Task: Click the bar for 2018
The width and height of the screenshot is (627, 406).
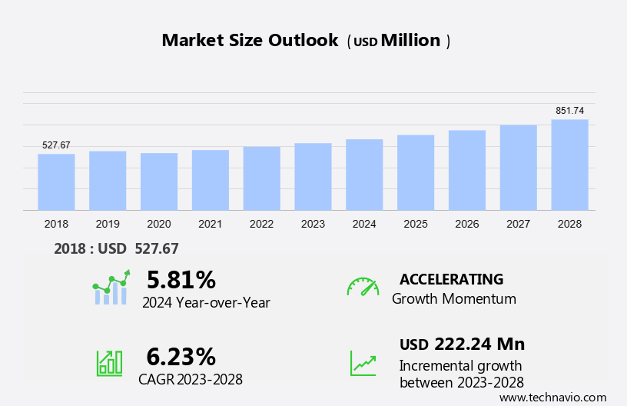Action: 56,181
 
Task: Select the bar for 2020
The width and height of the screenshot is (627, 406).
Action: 159,181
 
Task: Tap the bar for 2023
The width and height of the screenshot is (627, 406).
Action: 313,176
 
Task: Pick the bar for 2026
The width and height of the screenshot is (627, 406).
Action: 467,170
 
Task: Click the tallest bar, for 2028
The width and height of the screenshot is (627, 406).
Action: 569,165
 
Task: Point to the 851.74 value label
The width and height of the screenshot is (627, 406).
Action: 569,111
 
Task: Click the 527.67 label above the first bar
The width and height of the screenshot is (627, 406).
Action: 56,145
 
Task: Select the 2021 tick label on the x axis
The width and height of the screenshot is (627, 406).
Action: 210,224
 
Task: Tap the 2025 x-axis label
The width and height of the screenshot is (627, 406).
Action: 416,224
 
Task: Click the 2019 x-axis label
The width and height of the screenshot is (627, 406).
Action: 108,224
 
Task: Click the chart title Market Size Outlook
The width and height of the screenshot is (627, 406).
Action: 250,41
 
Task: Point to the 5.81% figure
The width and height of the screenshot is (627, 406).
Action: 181,279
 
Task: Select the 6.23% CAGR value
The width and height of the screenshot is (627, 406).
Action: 181,356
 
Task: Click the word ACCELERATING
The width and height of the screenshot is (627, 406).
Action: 451,279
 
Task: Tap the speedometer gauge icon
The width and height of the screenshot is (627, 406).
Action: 363,287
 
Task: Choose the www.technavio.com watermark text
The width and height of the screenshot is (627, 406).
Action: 552,397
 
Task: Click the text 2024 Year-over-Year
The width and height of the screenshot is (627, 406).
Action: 206,302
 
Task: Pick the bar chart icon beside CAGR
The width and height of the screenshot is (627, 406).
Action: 109,362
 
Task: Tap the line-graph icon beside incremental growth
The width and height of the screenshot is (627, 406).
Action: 363,362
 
